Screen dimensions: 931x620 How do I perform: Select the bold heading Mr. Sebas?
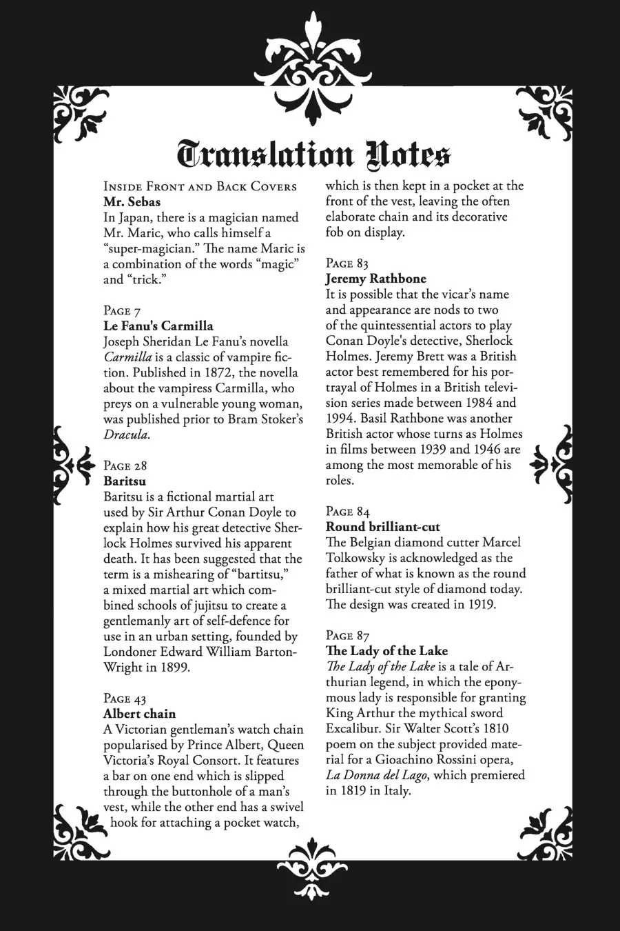pyautogui.click(x=132, y=202)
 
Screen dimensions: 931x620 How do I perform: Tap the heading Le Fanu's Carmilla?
pyautogui.click(x=158, y=326)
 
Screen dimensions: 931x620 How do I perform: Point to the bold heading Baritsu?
pyautogui.click(x=125, y=481)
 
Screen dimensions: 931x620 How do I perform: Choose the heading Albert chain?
pyautogui.click(x=139, y=714)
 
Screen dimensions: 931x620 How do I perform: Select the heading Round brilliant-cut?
pyautogui.click(x=382, y=527)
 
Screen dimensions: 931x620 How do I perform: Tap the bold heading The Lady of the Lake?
pyautogui.click(x=386, y=651)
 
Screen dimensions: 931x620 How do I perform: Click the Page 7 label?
pyautogui.click(x=122, y=311)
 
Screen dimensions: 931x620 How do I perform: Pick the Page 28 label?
pyautogui.click(x=125, y=466)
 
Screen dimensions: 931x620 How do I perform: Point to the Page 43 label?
pyautogui.click(x=125, y=699)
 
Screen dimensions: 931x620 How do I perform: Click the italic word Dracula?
pyautogui.click(x=126, y=434)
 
